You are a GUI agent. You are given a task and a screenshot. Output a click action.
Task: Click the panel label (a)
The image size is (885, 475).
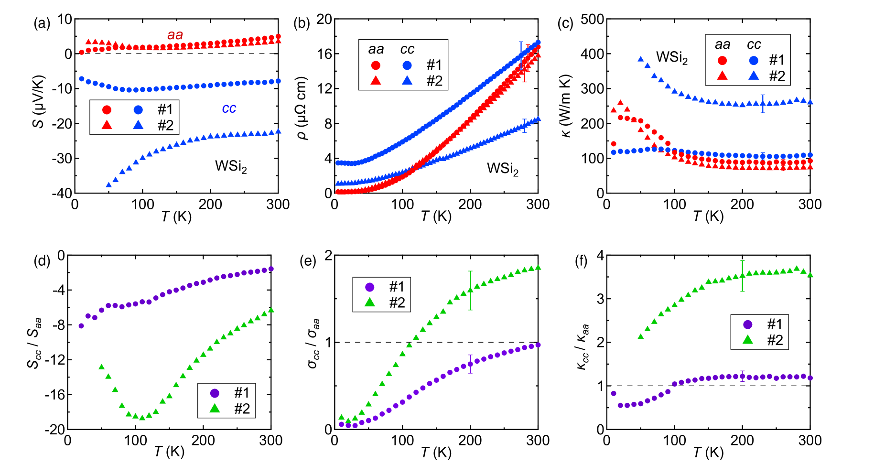pyautogui.click(x=42, y=23)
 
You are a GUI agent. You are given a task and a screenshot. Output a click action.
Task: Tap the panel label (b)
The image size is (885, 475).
pyautogui.click(x=302, y=23)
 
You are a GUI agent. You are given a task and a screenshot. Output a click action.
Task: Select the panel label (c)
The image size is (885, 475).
pyautogui.click(x=565, y=23)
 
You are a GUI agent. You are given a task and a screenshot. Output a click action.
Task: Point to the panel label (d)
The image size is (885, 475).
pyautogui.click(x=42, y=261)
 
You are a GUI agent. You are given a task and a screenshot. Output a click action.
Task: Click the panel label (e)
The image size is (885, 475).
pyautogui.click(x=308, y=261)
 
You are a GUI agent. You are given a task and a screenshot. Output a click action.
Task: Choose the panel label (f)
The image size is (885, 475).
pyautogui.click(x=581, y=261)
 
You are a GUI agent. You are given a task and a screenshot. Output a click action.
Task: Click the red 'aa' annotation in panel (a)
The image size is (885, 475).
pyautogui.click(x=175, y=35)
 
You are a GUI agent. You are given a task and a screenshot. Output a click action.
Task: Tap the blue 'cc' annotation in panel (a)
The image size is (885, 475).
pyautogui.click(x=229, y=108)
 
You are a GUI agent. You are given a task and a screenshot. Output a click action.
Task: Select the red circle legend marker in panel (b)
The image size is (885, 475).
pyautogui.click(x=376, y=65)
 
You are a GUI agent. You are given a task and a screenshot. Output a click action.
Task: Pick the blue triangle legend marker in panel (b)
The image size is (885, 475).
pyautogui.click(x=407, y=80)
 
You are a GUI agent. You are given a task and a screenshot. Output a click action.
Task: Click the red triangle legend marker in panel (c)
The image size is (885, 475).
pyautogui.click(x=722, y=76)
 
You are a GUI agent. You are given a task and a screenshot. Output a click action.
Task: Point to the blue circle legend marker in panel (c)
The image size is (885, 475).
pyautogui.click(x=754, y=61)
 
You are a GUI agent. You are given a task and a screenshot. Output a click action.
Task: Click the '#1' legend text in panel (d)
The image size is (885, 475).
pyautogui.click(x=242, y=393)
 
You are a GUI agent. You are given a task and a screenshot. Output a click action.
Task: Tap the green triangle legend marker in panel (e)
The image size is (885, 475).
pyautogui.click(x=369, y=302)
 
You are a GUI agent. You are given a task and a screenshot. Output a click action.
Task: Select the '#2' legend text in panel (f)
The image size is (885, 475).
pyautogui.click(x=775, y=340)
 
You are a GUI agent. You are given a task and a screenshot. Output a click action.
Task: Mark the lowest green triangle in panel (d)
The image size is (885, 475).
pyautogui.click(x=142, y=417)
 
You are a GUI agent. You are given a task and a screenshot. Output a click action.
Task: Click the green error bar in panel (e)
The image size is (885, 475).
pyautogui.click(x=470, y=290)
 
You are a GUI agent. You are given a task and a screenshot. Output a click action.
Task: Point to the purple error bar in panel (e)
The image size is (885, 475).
pyautogui.click(x=470, y=364)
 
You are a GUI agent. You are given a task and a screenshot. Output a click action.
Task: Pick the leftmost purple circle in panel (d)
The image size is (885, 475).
pyautogui.click(x=81, y=326)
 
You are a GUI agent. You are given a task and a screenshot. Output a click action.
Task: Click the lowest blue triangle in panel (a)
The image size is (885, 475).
pyautogui.click(x=108, y=184)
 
